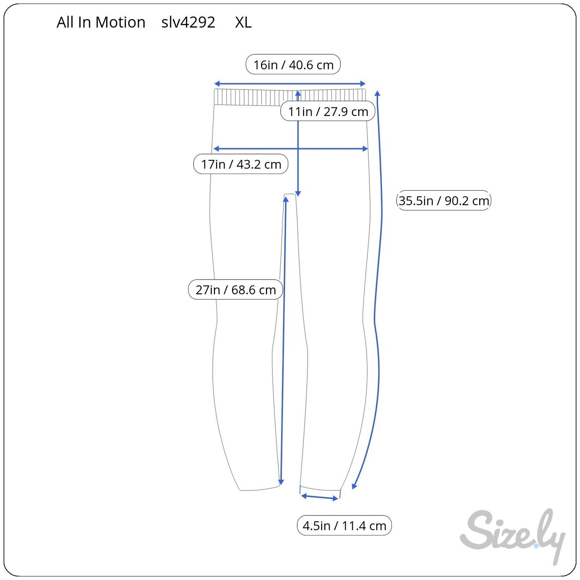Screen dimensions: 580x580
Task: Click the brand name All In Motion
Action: tap(101, 22)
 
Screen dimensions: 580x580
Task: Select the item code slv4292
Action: tap(188, 22)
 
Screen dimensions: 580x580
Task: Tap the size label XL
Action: tap(243, 22)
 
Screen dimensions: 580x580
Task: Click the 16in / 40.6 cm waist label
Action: tap(293, 65)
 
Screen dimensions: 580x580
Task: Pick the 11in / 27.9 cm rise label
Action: tap(328, 111)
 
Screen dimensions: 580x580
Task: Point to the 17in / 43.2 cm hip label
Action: tap(241, 164)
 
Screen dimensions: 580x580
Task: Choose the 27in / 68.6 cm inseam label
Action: tap(235, 289)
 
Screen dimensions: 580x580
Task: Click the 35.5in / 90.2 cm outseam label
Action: tap(444, 200)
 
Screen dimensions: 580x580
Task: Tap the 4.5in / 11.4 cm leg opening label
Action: tap(344, 525)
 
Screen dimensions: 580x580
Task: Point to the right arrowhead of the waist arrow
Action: tap(363, 84)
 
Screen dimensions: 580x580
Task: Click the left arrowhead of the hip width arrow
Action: tap(216, 149)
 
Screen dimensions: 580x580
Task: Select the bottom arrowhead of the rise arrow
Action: tap(298, 194)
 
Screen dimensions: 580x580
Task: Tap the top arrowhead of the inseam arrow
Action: tap(286, 200)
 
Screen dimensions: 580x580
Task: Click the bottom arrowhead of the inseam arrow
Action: tap(281, 482)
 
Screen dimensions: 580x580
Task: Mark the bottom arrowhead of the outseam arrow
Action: tap(354, 486)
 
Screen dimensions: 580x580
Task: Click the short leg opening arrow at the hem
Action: tap(320, 497)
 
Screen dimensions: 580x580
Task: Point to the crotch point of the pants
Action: tap(290, 195)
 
